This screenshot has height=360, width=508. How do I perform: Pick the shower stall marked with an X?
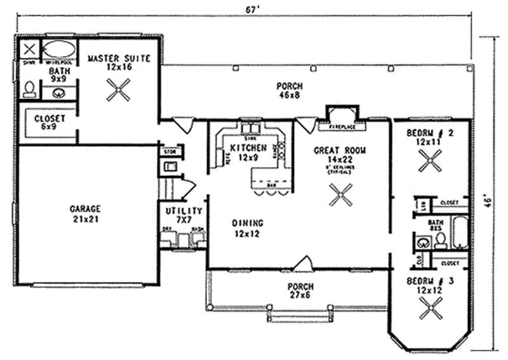(28, 50)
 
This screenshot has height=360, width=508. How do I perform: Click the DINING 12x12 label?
(248, 228)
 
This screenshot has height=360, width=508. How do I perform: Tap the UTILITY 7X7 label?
(184, 215)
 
